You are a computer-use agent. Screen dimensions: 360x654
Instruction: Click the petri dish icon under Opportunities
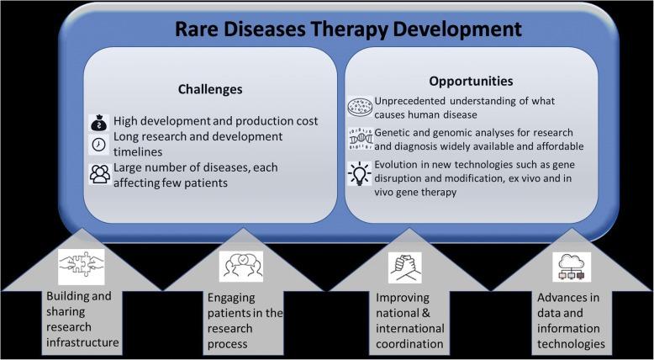358,107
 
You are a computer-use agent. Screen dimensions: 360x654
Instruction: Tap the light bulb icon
358,174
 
